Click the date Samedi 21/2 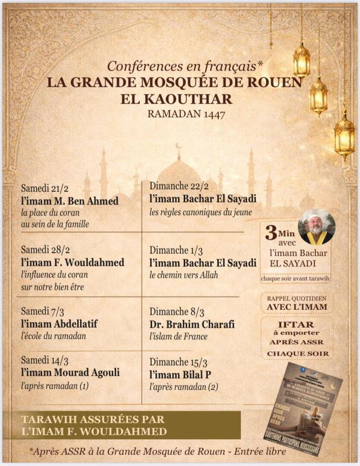click(x=42, y=189)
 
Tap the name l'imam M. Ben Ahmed click(x=69, y=201)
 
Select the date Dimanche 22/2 click(x=175, y=186)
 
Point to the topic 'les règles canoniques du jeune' click(x=201, y=212)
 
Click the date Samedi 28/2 click(x=42, y=250)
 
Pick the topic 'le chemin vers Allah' click(x=184, y=275)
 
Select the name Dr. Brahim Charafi click(x=192, y=324)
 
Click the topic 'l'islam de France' click(x=178, y=337)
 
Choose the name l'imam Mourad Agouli click(x=70, y=373)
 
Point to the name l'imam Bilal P click(x=180, y=374)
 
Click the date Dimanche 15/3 click(x=175, y=362)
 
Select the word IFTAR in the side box click(x=297, y=324)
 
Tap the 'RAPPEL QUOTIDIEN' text click(x=296, y=298)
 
